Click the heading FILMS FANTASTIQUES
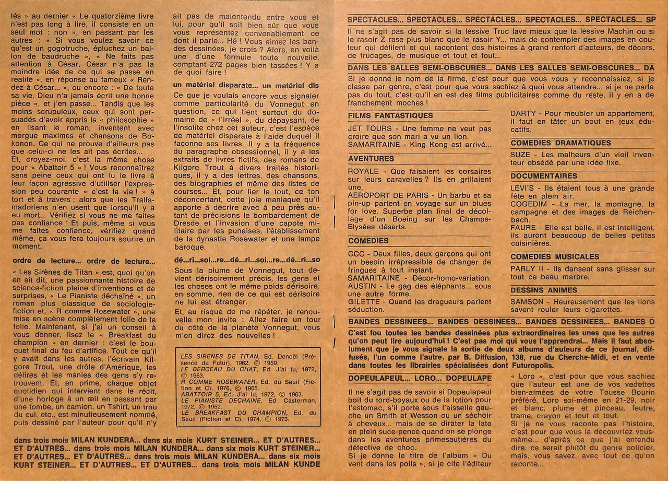pyautogui.click(x=390, y=115)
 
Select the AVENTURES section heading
pyautogui.click(x=371, y=158)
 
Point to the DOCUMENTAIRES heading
pyautogui.click(x=544, y=176)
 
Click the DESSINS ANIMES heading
pyautogui.click(x=544, y=290)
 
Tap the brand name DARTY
pyautogui.click(x=522, y=113)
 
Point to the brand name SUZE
pyautogui.click(x=520, y=155)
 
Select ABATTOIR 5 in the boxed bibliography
pyautogui.click(x=197, y=395)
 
